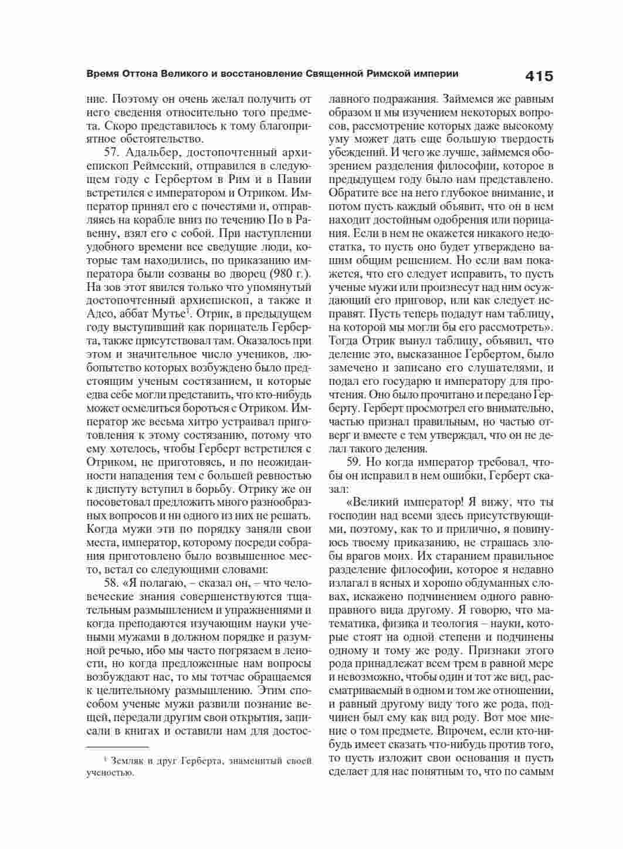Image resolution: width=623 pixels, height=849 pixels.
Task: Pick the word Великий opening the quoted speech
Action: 376,503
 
